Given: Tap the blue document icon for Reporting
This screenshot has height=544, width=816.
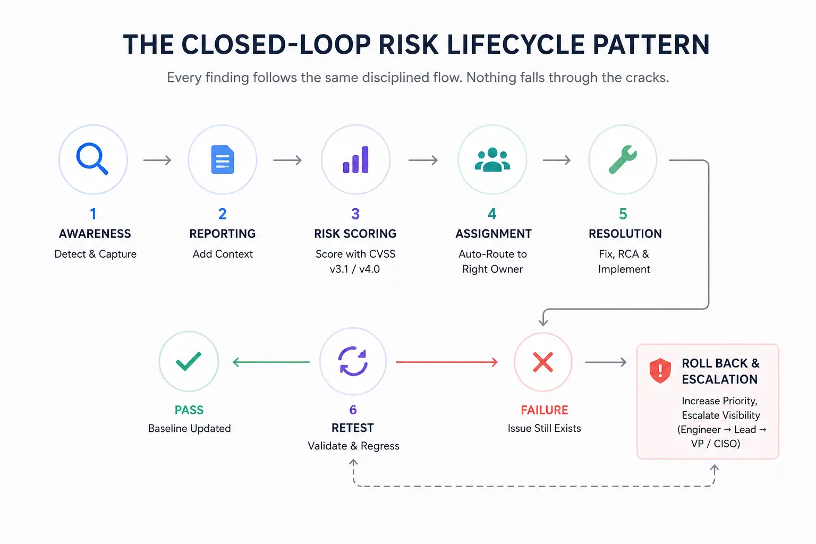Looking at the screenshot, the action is click(223, 159).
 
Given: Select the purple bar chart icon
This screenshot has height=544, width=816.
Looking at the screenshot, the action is click(355, 159).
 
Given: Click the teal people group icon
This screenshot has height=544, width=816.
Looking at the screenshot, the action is click(492, 159).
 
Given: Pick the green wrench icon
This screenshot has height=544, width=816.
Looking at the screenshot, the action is click(623, 159).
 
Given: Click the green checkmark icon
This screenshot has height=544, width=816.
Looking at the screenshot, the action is click(189, 361).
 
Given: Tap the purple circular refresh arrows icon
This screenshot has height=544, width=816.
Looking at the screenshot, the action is click(353, 361).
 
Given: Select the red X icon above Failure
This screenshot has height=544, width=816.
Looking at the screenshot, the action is click(543, 362).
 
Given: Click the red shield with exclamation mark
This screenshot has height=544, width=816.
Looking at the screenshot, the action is click(660, 371).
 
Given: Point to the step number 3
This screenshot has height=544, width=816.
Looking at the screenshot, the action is click(355, 214).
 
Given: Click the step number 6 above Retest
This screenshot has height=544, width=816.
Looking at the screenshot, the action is click(353, 410).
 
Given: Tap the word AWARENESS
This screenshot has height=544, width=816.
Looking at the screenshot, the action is click(95, 234).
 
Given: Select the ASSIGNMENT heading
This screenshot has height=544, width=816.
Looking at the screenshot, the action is click(493, 234).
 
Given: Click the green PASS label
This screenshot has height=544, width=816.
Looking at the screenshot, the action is click(189, 410).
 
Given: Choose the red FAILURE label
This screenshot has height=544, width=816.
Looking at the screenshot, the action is click(544, 410).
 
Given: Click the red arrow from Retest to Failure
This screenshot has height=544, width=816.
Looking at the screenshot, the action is click(447, 362).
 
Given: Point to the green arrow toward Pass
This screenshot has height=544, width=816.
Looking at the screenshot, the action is click(271, 362).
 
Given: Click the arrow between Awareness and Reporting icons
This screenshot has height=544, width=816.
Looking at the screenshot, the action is click(157, 160).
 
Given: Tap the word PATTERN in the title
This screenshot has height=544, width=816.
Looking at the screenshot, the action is click(651, 45).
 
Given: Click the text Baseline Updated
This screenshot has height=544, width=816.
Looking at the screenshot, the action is click(190, 428).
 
